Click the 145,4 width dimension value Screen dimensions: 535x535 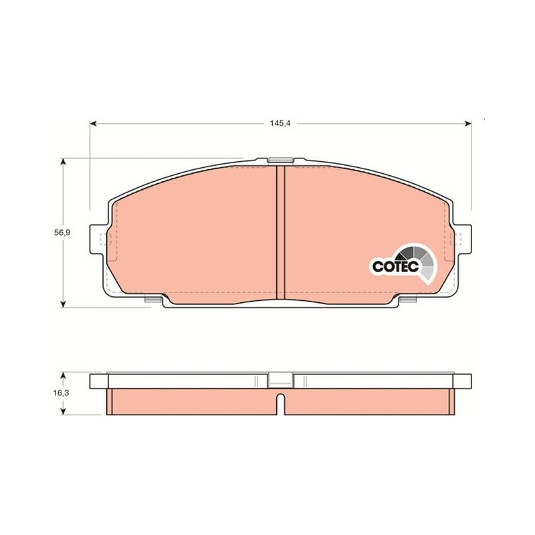pyautogui.click(x=280, y=124)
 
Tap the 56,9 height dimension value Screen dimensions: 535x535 pyautogui.click(x=62, y=233)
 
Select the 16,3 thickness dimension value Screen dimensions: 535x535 pyautogui.click(x=61, y=393)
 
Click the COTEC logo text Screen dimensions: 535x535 pyautogui.click(x=395, y=266)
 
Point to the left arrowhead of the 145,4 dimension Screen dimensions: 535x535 pyautogui.click(x=93, y=124)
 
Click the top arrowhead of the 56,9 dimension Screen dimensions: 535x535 pyautogui.click(x=63, y=161)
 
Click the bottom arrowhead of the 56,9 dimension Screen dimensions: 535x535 pyautogui.click(x=63, y=304)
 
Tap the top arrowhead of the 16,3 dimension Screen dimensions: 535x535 pyautogui.click(x=63, y=375)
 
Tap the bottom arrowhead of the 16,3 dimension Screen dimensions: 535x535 pyautogui.click(x=63, y=411)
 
